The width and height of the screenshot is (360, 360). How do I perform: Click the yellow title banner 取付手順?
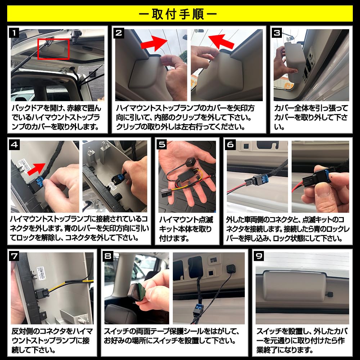point(180,14)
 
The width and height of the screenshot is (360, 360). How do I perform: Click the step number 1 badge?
point(14,33)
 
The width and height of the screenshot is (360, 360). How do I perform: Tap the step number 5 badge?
point(162,145)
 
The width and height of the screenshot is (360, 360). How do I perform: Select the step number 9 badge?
point(259,256)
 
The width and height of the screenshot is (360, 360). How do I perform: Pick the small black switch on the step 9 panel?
point(330,294)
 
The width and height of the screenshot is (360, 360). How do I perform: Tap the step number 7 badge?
point(14,256)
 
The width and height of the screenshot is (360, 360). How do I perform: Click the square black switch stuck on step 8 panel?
point(231,269)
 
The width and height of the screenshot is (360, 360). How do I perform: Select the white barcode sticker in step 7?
point(41,273)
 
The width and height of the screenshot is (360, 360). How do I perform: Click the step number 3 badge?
point(276,33)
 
